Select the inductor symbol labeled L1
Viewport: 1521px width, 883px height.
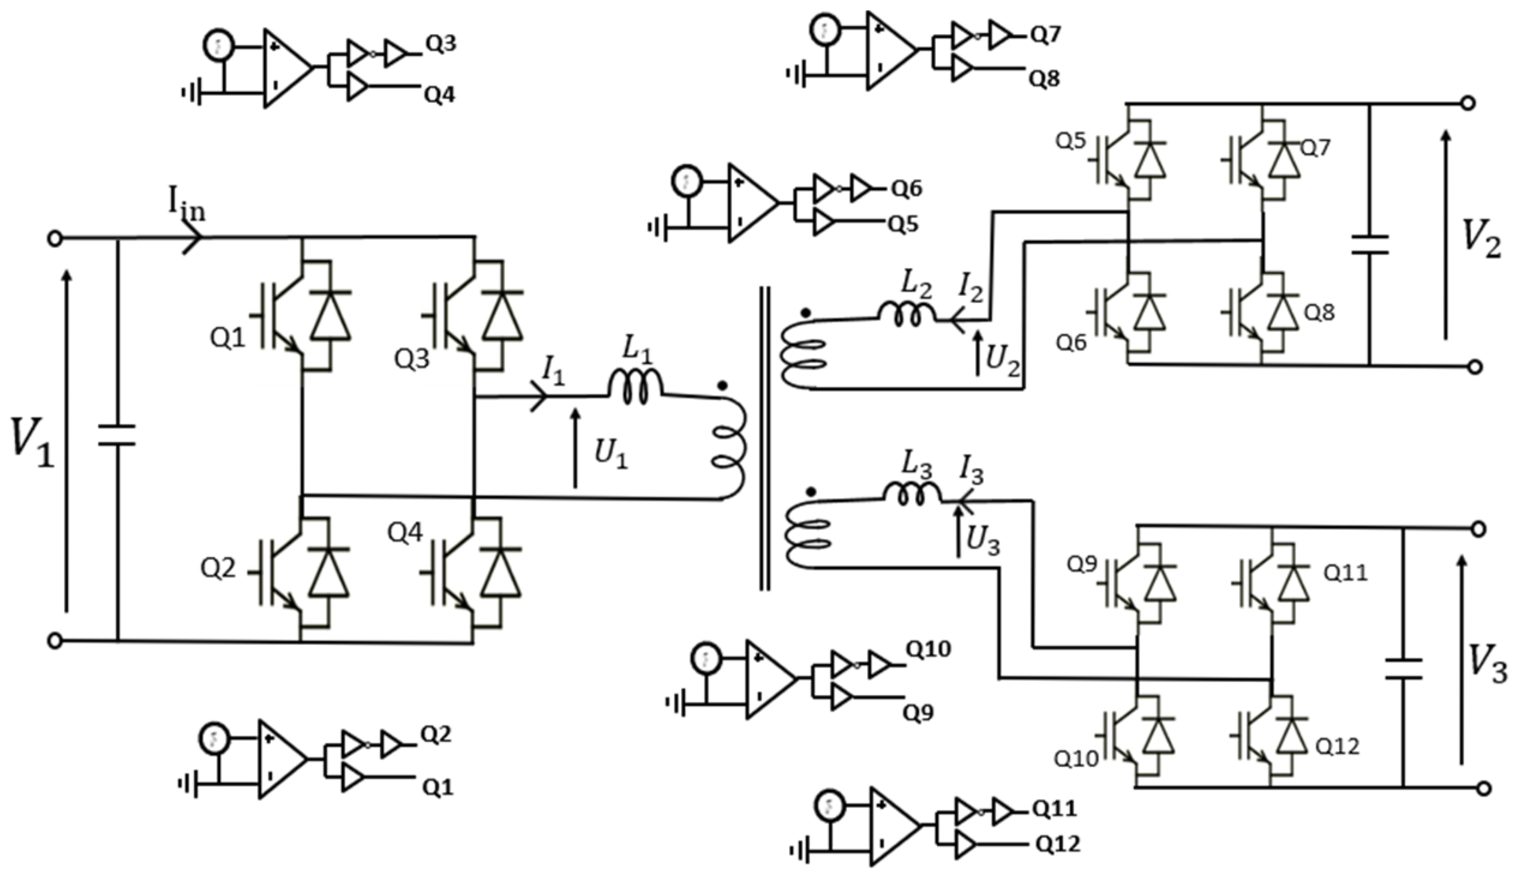pyautogui.click(x=634, y=388)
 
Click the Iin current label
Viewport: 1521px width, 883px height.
pyautogui.click(x=187, y=208)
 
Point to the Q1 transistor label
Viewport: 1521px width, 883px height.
pyautogui.click(x=227, y=339)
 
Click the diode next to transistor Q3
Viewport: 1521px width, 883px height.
pyautogui.click(x=502, y=315)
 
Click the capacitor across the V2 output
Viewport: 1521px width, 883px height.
pyautogui.click(x=1370, y=244)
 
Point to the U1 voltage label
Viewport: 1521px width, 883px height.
pyautogui.click(x=611, y=454)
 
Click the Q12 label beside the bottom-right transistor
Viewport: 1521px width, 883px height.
pyautogui.click(x=1337, y=747)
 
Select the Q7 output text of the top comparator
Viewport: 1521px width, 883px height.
pyautogui.click(x=1045, y=35)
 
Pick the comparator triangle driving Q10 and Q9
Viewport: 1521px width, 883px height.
pyautogui.click(x=770, y=679)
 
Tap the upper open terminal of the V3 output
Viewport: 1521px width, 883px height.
pyautogui.click(x=1478, y=529)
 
